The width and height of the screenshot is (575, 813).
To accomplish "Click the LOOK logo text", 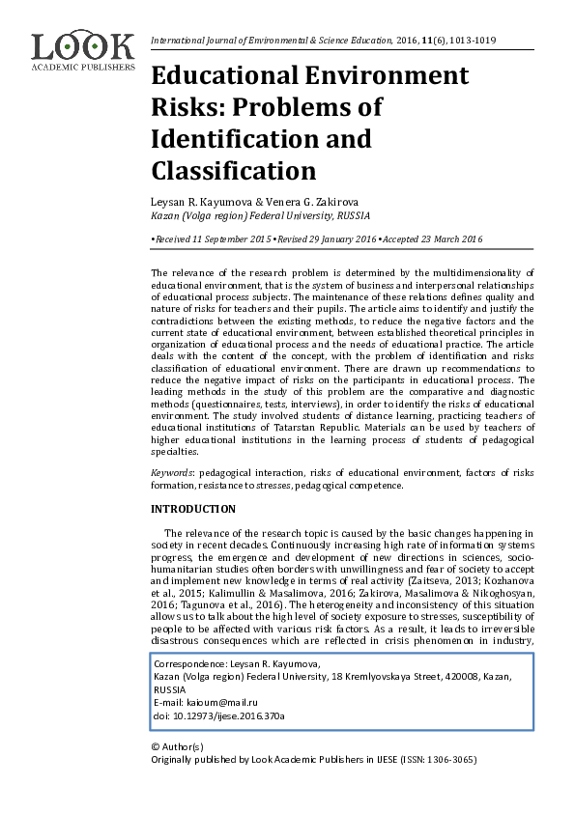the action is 82,46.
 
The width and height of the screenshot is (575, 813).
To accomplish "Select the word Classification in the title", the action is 235,170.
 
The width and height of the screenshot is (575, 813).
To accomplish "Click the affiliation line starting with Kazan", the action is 261,216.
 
